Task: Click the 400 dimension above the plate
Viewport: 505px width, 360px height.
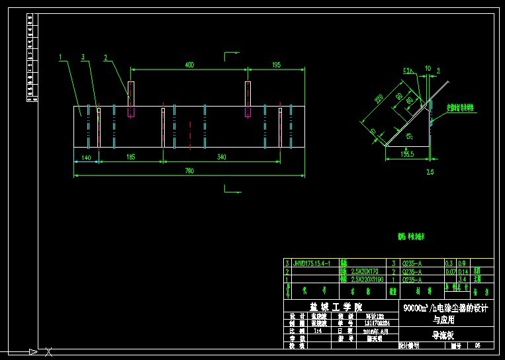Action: [x=189, y=65]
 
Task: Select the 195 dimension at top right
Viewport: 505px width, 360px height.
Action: [x=277, y=65]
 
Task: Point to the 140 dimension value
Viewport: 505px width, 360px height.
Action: [x=85, y=157]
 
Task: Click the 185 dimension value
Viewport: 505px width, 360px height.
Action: [x=130, y=157]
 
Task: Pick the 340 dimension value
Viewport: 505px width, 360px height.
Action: [x=221, y=157]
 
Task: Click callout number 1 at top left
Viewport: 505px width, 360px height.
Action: [x=60, y=58]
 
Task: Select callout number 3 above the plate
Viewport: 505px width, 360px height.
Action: [x=83, y=58]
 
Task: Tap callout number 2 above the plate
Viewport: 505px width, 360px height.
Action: [x=105, y=58]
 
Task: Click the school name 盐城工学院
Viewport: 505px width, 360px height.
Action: [x=336, y=307]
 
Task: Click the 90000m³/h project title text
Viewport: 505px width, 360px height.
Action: [x=445, y=308]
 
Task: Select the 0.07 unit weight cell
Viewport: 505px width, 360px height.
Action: [x=449, y=271]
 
